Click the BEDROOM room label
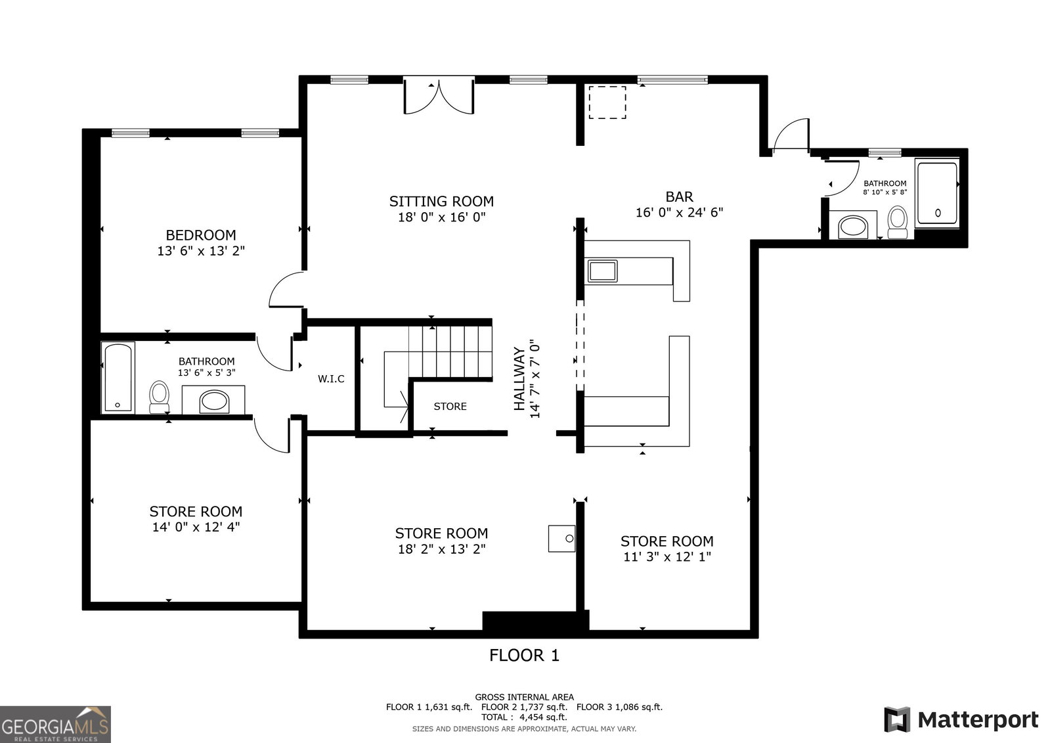click(201, 235)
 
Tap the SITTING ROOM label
click(441, 201)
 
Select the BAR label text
click(679, 196)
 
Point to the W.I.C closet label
click(331, 378)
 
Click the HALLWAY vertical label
click(519, 378)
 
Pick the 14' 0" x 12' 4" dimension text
click(196, 527)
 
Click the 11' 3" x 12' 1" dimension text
click(667, 556)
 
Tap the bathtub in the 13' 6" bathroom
click(118, 378)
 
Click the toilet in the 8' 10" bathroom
click(898, 222)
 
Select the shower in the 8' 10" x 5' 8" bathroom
click(937, 192)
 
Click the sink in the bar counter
click(602, 271)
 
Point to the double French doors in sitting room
click(439, 97)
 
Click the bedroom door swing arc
click(286, 290)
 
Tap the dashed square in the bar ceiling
click(607, 102)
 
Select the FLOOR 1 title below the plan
click(524, 655)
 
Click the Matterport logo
click(961, 720)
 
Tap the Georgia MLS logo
click(55, 724)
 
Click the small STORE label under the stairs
click(450, 406)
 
